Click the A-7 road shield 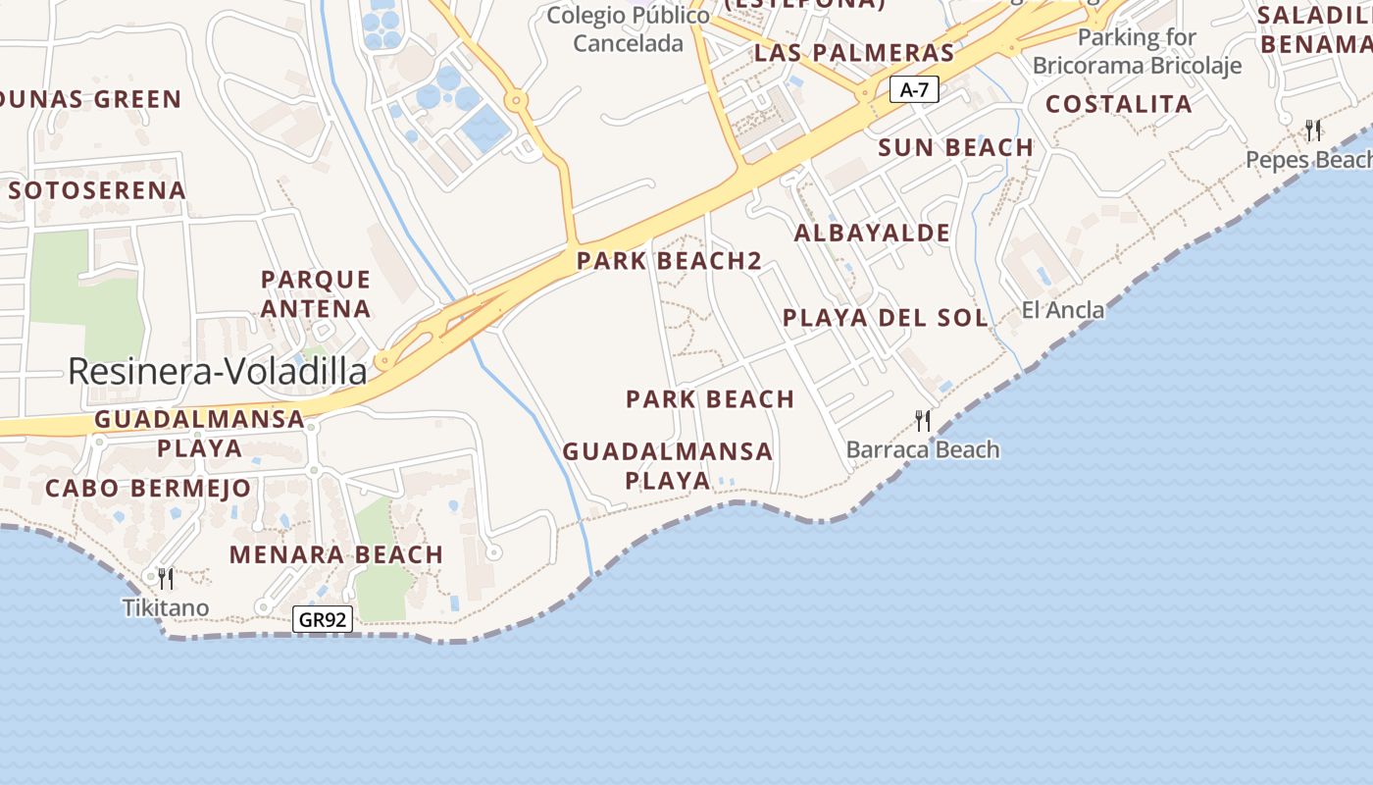coord(914,90)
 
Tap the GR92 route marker coord(323,619)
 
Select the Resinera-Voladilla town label coord(218,371)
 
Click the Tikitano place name coord(166,607)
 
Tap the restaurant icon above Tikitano coord(166,579)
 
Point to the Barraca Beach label coord(923,449)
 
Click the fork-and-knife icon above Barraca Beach coord(923,421)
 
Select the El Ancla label coord(1063,310)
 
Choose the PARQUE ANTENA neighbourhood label coord(316,294)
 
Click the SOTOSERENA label coord(97,190)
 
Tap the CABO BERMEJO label coord(148,488)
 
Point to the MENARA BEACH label coord(336,554)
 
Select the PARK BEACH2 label coord(669,261)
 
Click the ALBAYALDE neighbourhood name coord(872,233)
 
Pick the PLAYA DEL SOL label coord(886,318)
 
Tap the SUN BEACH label coord(955,147)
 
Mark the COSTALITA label coord(1118,104)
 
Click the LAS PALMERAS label coord(854,53)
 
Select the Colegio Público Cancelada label coord(628,29)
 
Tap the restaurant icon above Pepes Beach coord(1313,130)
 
